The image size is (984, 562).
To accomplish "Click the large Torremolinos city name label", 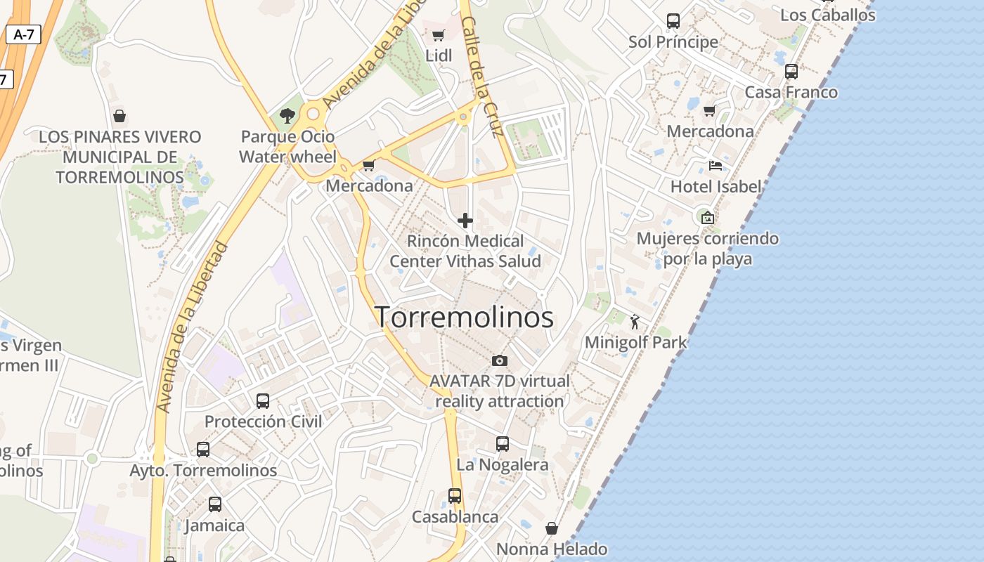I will (x=464, y=318).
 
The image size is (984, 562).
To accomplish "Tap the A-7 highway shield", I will (x=23, y=34).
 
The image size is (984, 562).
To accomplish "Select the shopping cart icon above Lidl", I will (x=438, y=36).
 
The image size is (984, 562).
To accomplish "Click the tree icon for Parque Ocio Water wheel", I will (x=287, y=115).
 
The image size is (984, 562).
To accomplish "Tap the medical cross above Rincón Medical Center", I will (x=465, y=221).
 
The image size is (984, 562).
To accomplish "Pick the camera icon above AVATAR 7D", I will (x=500, y=360).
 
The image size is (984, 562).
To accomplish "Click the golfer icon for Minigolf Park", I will (x=635, y=322).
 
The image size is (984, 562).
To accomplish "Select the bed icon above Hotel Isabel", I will (x=716, y=166).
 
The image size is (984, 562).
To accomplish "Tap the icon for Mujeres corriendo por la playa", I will (x=707, y=218).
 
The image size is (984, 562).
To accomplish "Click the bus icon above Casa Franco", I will (x=791, y=72).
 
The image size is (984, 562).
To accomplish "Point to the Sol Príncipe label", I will (x=673, y=42).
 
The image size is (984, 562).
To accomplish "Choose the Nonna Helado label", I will (x=552, y=549).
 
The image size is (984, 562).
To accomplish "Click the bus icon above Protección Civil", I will (x=263, y=401).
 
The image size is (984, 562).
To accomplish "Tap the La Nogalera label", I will (x=502, y=465).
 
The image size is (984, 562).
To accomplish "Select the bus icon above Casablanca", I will (x=455, y=496).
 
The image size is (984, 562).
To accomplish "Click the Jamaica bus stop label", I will (x=214, y=525).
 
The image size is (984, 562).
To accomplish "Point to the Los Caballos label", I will (x=828, y=15).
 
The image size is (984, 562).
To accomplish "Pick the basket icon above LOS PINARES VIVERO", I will (x=119, y=116).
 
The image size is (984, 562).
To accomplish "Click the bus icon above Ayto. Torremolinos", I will (x=203, y=450).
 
